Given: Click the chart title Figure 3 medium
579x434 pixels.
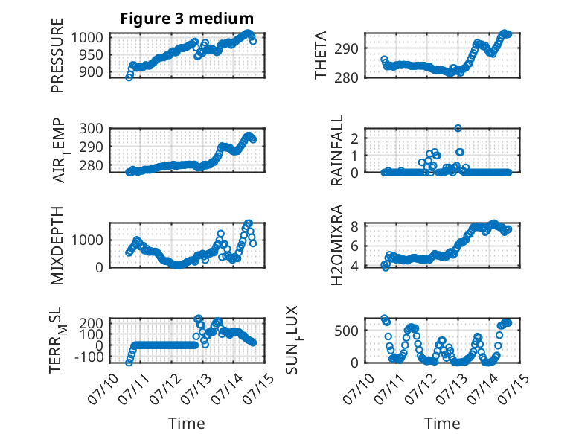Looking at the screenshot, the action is pos(187,19).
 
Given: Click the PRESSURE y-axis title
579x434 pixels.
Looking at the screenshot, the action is pos(57,55).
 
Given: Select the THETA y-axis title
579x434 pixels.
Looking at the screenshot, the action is pos(321,55).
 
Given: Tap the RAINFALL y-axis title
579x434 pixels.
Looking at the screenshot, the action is pos(337,150).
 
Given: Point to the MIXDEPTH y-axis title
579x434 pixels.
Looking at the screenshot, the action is pos(57,245).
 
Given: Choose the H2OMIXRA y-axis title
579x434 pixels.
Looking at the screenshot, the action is pos(337,245).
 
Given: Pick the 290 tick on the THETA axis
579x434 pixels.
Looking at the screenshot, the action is pos(346,48).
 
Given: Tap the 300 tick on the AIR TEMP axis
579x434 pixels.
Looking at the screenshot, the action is pos(91,129).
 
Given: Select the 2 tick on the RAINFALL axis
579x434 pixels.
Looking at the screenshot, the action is pos(354,138).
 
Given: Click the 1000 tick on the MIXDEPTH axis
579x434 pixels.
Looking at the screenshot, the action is pos(87,240).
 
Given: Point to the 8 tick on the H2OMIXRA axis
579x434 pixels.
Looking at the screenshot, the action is pos(354,226).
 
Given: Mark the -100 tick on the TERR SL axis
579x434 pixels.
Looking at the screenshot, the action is pos(90,357).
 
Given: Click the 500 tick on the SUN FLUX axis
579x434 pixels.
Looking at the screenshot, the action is pos(346,331).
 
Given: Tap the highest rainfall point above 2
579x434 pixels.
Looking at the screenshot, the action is pos(458,128).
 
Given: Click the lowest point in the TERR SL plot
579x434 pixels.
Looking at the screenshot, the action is pos(129,363).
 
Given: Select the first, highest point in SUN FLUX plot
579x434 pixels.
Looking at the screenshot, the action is pos(385,319).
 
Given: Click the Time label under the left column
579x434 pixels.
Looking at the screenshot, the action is pos(187,424).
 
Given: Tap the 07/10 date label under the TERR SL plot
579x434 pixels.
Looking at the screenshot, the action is pos(103,389).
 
